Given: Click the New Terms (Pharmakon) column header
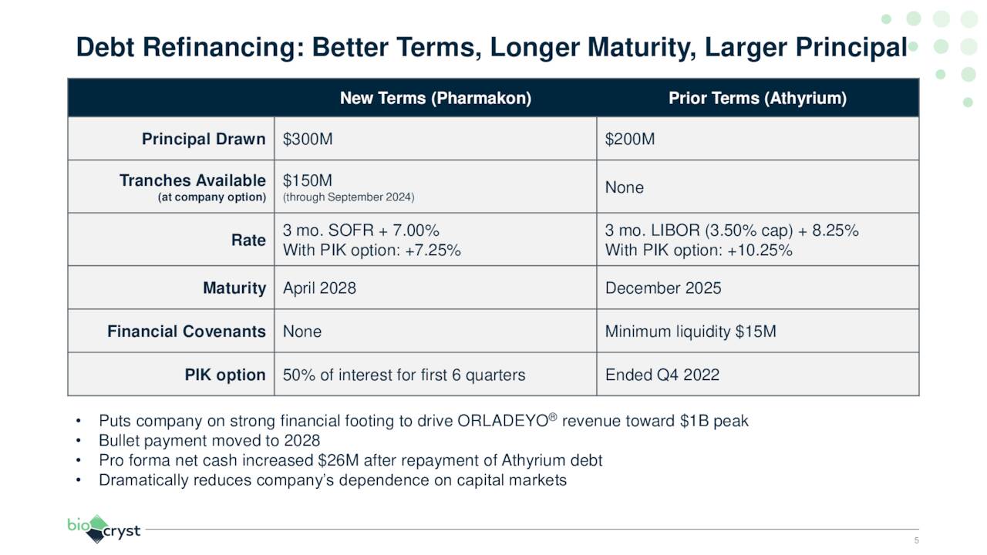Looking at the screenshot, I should (435, 99).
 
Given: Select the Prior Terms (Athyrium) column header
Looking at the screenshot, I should (757, 99).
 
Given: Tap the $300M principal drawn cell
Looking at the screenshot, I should (308, 140).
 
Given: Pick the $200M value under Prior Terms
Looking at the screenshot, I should (630, 140).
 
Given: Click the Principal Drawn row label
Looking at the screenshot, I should (204, 140).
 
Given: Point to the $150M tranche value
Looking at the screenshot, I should (308, 180).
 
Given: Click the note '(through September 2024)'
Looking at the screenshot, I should (349, 198).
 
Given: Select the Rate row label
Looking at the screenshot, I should (248, 240).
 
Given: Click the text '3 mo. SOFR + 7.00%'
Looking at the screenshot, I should (361, 231).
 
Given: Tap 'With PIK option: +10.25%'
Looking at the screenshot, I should (699, 251).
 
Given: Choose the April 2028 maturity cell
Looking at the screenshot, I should (319, 288).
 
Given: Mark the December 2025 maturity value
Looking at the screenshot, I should (663, 288).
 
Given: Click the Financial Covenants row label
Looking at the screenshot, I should (186, 331).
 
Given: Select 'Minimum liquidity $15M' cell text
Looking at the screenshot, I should (690, 331).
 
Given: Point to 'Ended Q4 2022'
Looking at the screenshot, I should (662, 375).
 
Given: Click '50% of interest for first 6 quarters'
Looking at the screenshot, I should (403, 375).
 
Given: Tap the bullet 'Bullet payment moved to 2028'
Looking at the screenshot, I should (209, 441).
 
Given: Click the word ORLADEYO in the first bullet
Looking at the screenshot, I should (503, 422).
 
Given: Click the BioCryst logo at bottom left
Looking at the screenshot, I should (103, 529).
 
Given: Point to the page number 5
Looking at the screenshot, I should (916, 540).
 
